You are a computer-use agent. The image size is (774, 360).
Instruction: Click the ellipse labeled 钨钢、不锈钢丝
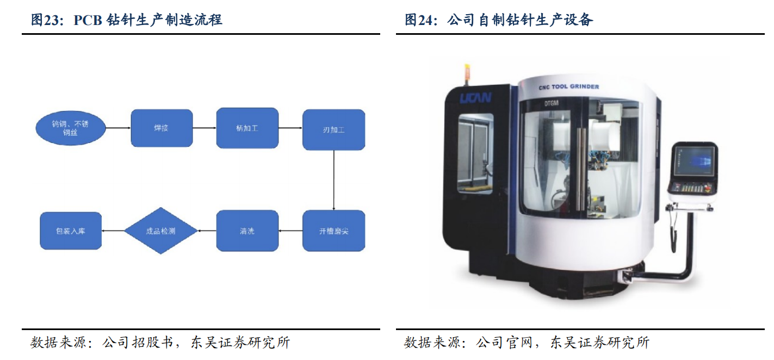click(x=70, y=128)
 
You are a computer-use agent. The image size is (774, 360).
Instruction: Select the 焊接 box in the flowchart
click(x=162, y=128)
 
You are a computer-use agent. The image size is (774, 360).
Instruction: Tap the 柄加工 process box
click(x=247, y=128)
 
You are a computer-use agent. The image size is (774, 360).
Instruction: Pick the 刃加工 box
click(x=333, y=130)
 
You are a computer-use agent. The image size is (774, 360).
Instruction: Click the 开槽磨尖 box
click(x=333, y=231)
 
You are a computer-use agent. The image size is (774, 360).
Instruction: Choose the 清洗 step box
click(x=247, y=231)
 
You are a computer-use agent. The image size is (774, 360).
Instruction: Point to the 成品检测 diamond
click(x=160, y=231)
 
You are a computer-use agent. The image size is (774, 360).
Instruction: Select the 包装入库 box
click(x=71, y=231)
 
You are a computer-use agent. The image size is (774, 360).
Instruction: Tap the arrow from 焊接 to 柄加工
click(x=205, y=128)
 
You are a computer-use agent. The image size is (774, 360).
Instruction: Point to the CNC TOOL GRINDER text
click(x=568, y=86)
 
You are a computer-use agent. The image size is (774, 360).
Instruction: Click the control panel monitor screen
click(x=694, y=162)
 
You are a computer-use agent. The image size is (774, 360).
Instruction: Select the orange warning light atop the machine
click(x=466, y=71)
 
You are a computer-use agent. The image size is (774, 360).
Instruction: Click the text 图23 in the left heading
click(x=43, y=21)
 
